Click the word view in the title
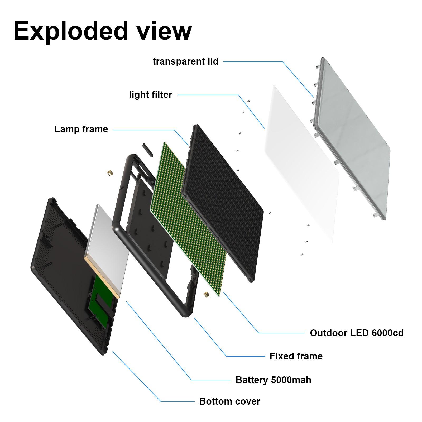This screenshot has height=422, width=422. pyautogui.click(x=164, y=31)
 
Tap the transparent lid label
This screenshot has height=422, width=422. pyautogui.click(x=185, y=61)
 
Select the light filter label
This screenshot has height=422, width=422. pyautogui.click(x=150, y=95)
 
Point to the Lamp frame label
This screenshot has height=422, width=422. pyautogui.click(x=81, y=129)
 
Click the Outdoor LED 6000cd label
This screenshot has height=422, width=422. pyautogui.click(x=357, y=333)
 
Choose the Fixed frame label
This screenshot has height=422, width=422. pyautogui.click(x=296, y=356)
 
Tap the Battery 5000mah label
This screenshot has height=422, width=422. pyautogui.click(x=273, y=380)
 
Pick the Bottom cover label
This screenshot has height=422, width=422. pyautogui.click(x=229, y=401)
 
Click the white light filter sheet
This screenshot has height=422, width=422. pyautogui.click(x=301, y=164)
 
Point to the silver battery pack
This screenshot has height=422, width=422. pyautogui.click(x=107, y=243)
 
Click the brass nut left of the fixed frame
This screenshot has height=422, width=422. pyautogui.click(x=110, y=173)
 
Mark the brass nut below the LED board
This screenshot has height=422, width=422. pyautogui.click(x=206, y=294)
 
